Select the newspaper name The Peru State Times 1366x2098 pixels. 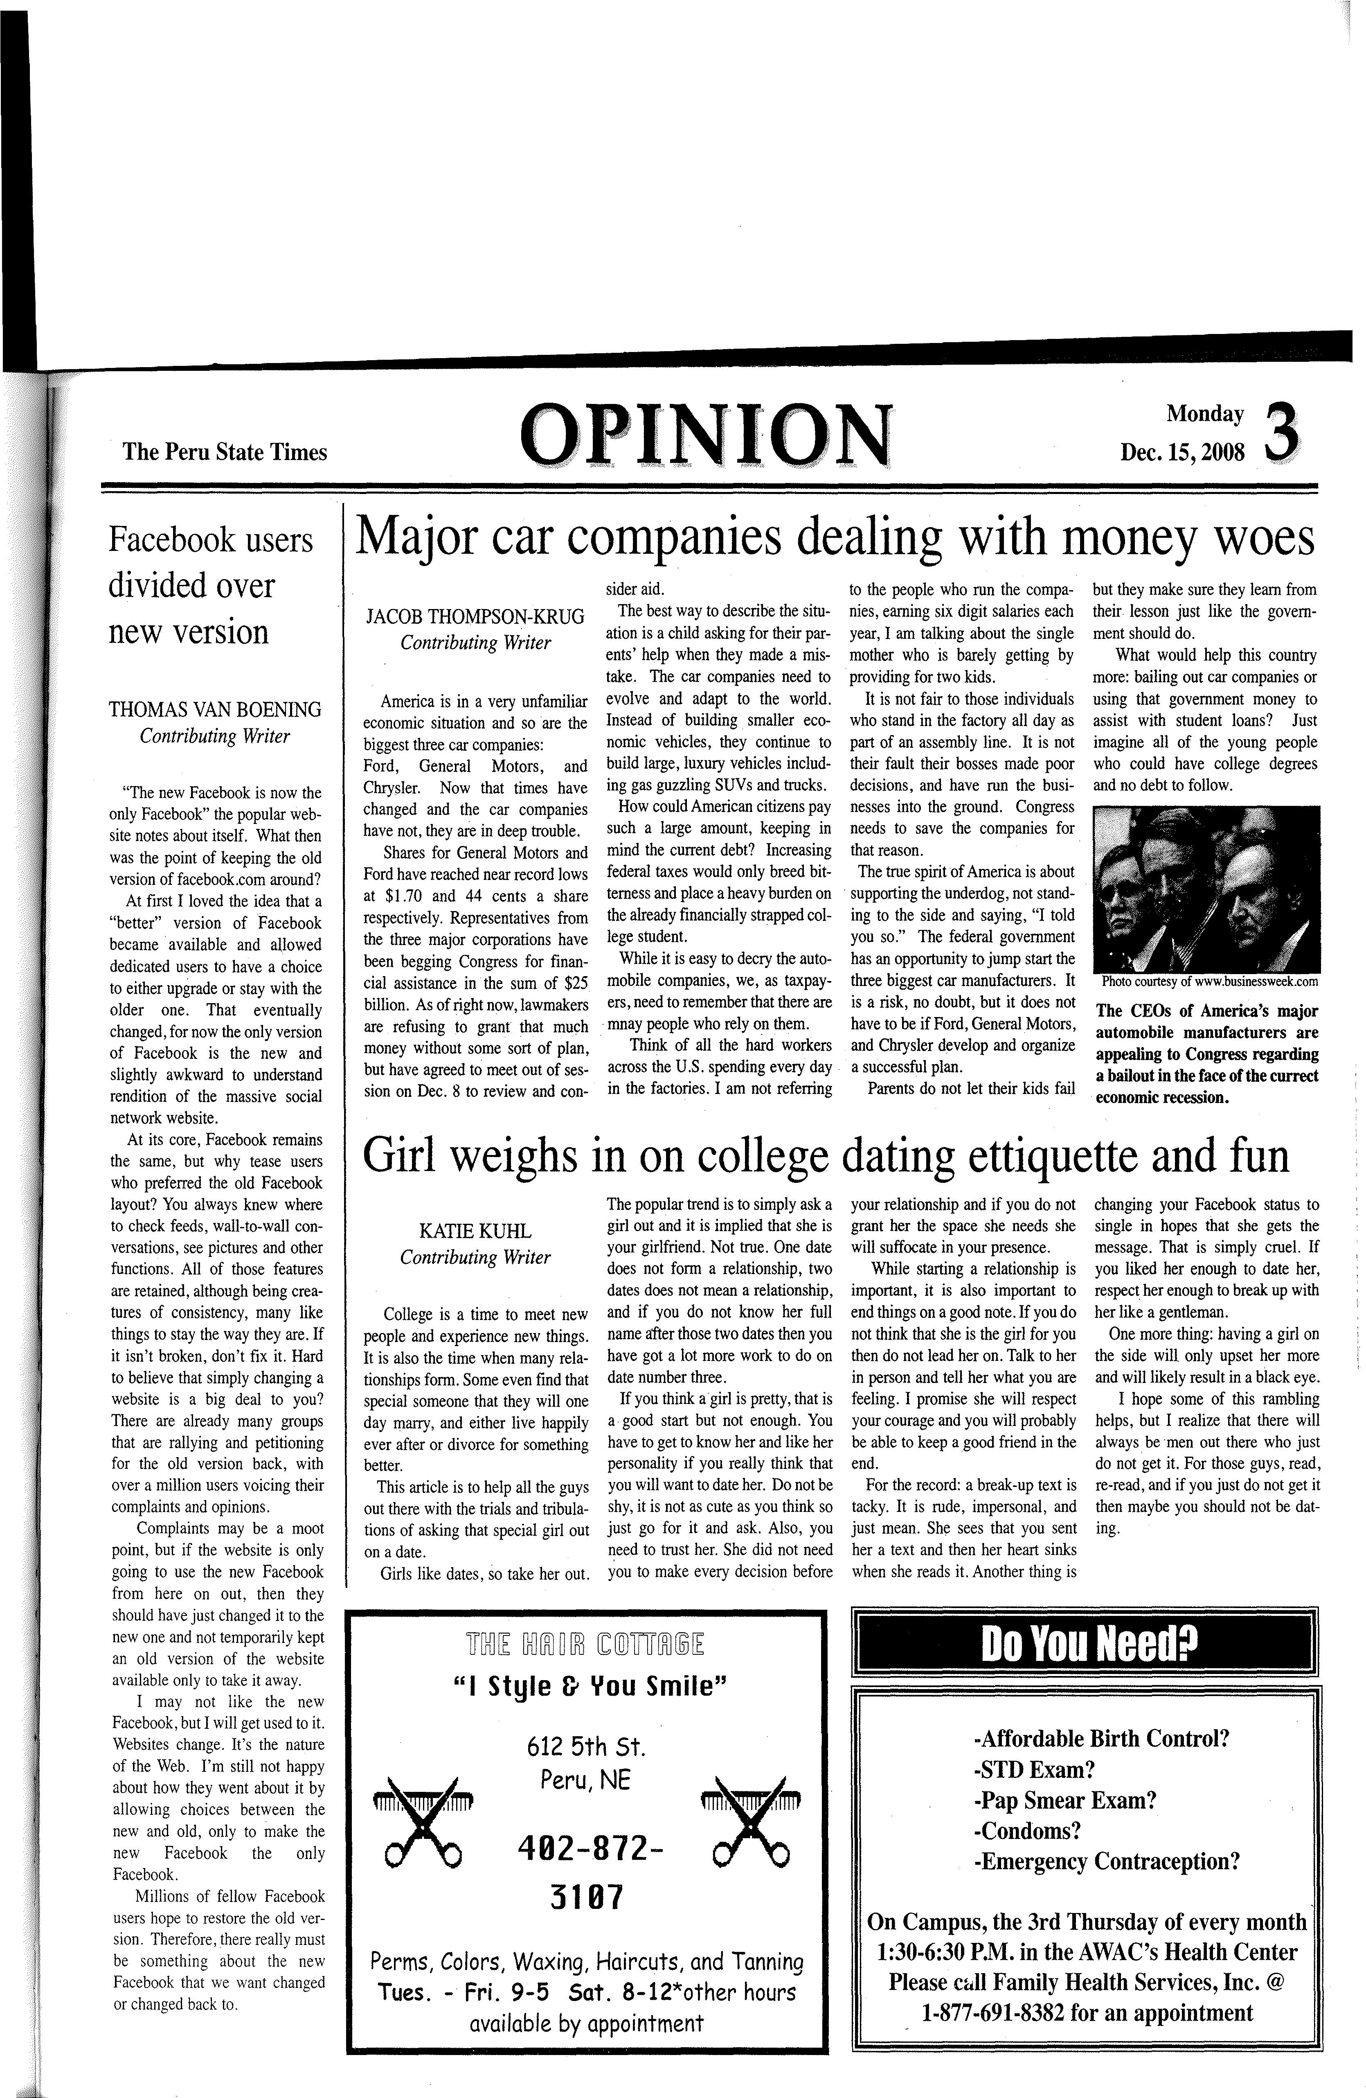click(225, 452)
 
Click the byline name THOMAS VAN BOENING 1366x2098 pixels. click(215, 710)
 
